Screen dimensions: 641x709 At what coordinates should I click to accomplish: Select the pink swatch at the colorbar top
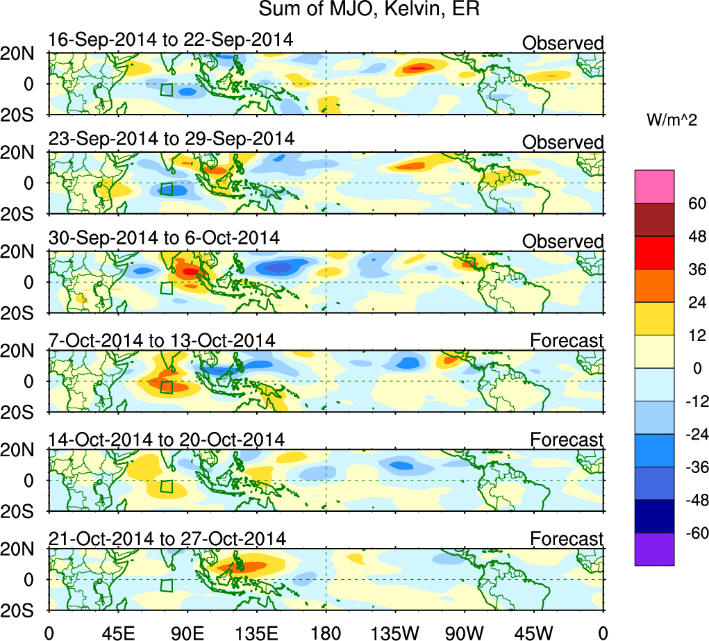654,186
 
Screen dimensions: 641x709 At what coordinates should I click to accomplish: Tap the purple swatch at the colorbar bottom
654,549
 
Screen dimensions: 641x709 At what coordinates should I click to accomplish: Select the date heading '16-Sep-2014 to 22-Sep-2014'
171,40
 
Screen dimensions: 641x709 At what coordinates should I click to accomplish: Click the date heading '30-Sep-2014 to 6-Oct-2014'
165,238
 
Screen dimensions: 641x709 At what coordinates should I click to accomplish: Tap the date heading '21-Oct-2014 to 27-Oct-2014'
167,538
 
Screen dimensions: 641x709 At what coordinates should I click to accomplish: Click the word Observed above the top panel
563,44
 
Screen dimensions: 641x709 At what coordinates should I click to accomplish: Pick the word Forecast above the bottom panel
567,539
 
